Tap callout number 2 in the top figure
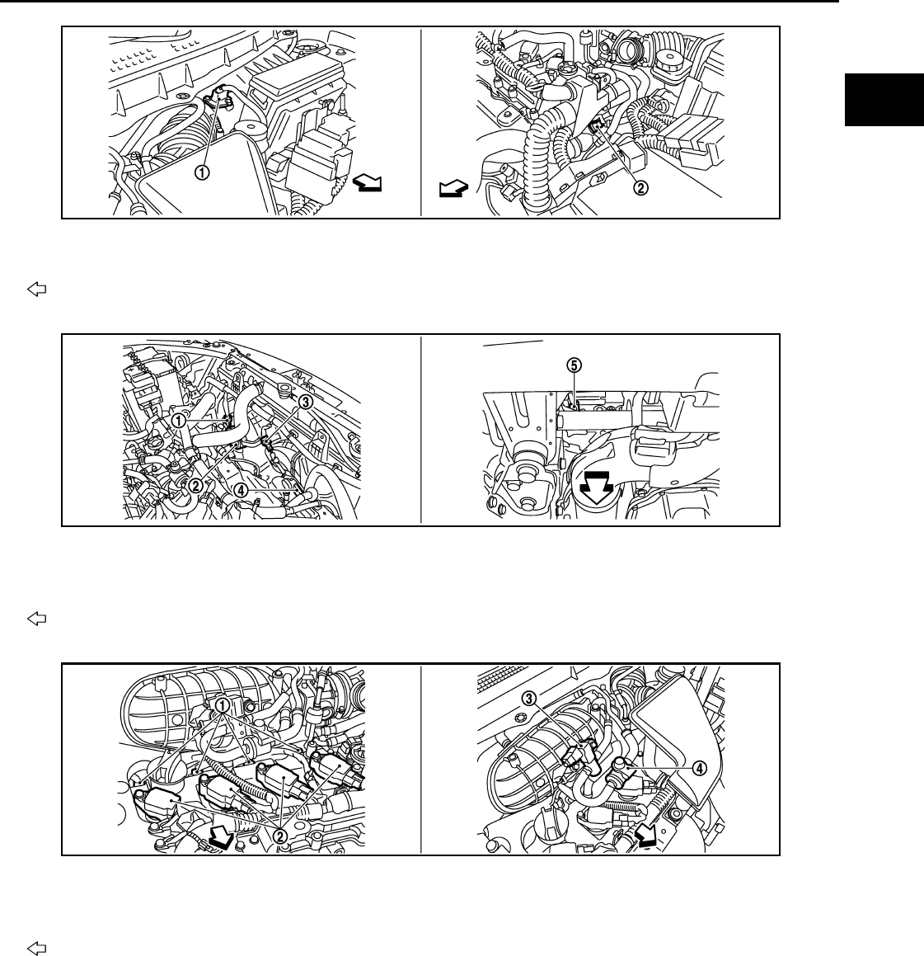[x=639, y=186]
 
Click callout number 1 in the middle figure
[x=178, y=419]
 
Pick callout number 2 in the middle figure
[x=196, y=485]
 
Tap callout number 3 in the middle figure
[x=305, y=403]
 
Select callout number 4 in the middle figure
[x=241, y=488]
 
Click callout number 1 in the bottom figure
[x=223, y=704]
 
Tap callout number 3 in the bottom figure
[x=528, y=698]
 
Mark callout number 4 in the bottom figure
[x=698, y=767]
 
